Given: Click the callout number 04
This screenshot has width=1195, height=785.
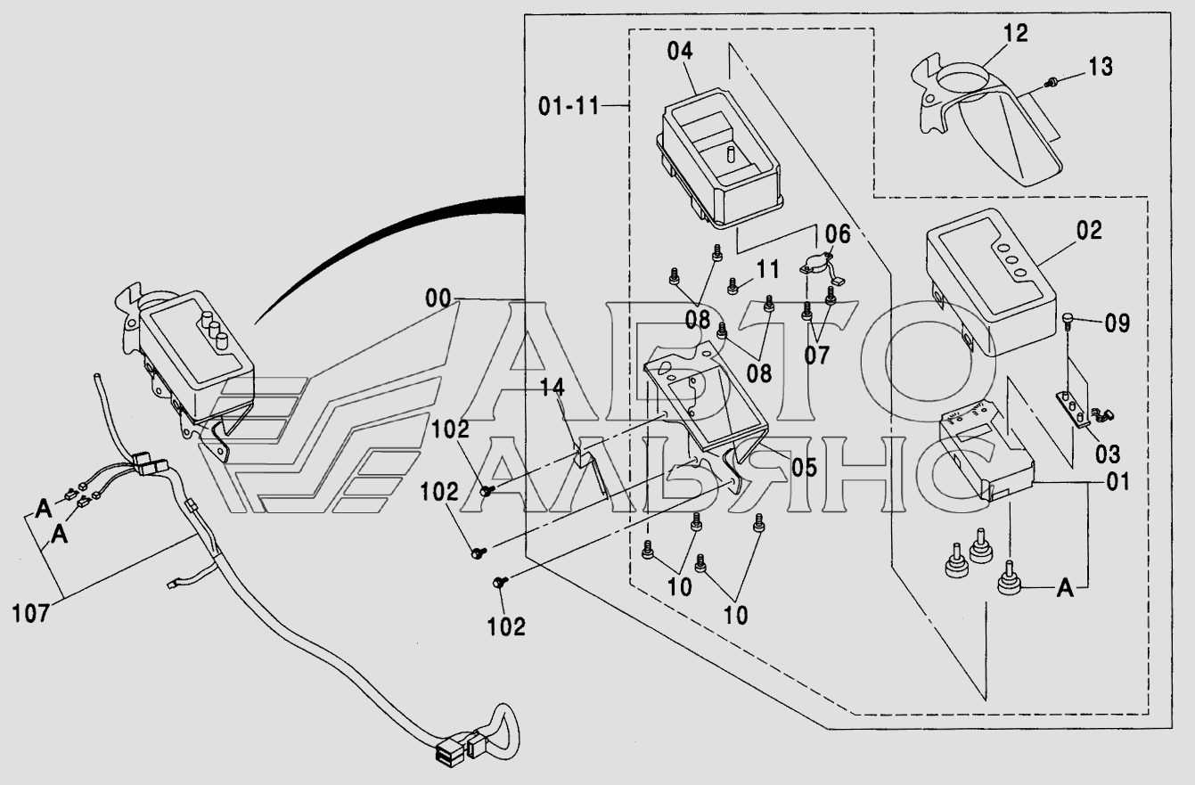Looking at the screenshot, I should pyautogui.click(x=679, y=51).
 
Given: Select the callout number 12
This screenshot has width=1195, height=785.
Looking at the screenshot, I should pyautogui.click(x=1015, y=34).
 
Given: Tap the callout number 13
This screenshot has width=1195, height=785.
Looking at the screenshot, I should pyautogui.click(x=1101, y=67).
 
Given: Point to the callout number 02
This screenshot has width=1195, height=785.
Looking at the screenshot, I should pyautogui.click(x=1089, y=230).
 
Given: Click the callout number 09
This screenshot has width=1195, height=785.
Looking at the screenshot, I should pyautogui.click(x=1117, y=323).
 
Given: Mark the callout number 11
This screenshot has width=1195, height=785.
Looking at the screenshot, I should pyautogui.click(x=768, y=268).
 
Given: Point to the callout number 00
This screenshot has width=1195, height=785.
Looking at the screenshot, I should pyautogui.click(x=438, y=299).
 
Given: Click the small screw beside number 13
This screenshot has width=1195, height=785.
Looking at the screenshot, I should pyautogui.click(x=1052, y=82).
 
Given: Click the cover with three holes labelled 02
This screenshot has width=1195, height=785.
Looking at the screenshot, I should pyautogui.click(x=985, y=276).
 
